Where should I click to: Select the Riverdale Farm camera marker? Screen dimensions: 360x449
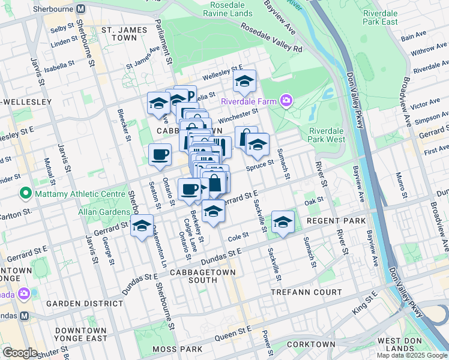[x=287, y=100]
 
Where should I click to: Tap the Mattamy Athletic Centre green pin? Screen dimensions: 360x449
[x=25, y=193]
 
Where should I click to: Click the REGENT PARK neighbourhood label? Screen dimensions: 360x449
[x=336, y=221]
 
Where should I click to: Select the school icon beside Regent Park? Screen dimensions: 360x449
[x=283, y=221]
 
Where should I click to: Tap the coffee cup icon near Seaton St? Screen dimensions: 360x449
[x=160, y=154]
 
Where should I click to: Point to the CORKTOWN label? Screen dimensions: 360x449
[x=311, y=344]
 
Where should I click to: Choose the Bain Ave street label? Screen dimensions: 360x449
[x=413, y=37]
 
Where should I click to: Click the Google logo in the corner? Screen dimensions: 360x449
[x=19, y=353]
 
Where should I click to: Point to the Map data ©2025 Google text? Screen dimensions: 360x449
[x=412, y=355]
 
